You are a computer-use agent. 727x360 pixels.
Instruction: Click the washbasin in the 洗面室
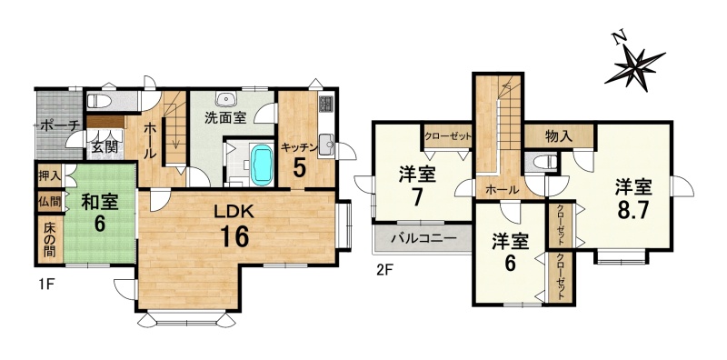coord(226,99)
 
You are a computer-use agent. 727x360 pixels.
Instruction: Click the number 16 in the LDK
coord(234,236)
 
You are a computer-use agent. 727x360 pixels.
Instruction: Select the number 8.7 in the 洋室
coord(633,210)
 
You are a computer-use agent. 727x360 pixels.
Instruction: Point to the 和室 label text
coord(100,202)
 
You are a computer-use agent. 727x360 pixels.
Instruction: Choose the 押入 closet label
coord(50,176)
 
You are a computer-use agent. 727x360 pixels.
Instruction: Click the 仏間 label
coord(50,202)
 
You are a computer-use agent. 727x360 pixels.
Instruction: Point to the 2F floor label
coord(384,270)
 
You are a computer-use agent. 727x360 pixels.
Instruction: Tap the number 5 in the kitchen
coord(300,168)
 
